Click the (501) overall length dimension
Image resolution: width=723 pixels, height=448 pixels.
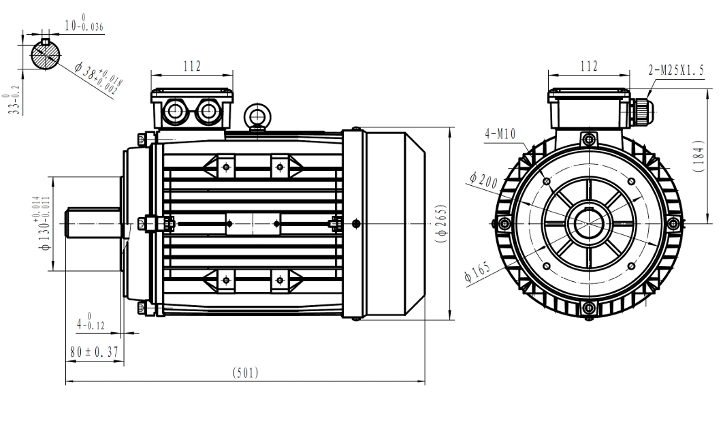pos(245,372)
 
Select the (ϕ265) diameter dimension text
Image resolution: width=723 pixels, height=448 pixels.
pos(442,222)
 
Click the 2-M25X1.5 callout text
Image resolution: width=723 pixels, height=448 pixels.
pos(676,69)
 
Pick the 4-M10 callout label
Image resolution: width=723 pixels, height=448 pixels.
pos(500,134)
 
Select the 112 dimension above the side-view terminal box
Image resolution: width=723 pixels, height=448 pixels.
pos(192,66)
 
